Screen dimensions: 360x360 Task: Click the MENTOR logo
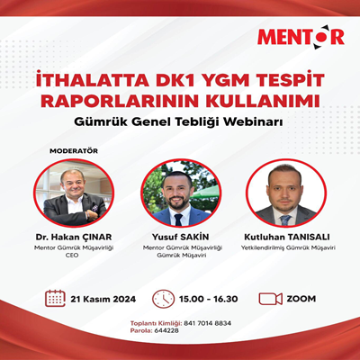click(301, 38)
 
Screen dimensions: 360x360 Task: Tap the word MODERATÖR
click(74, 151)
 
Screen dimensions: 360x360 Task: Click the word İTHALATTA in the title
click(92, 80)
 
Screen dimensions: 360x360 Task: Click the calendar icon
click(55, 298)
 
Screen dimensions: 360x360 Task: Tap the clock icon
click(164, 299)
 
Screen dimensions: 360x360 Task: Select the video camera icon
click(271, 299)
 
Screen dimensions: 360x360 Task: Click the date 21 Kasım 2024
click(103, 299)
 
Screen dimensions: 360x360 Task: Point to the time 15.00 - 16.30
click(209, 299)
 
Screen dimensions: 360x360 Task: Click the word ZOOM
click(301, 299)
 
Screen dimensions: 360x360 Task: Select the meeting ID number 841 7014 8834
click(207, 323)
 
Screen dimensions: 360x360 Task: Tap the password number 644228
click(166, 330)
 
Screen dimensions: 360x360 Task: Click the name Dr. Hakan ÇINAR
click(74, 237)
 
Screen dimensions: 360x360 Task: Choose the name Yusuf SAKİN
click(180, 237)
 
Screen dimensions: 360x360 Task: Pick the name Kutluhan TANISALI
click(287, 237)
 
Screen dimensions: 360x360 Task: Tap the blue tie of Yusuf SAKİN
click(178, 220)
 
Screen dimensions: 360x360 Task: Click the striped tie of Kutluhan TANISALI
click(285, 220)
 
